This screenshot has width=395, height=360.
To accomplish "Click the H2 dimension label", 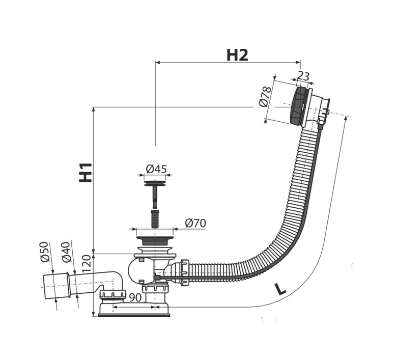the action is tap(237, 55).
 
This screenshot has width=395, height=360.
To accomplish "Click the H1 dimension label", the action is tap(86, 173).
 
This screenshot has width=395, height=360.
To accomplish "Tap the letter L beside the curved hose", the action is tap(280, 289).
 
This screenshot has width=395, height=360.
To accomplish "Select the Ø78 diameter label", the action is tap(265, 96).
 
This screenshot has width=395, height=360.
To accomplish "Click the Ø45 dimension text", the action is tap(156, 169).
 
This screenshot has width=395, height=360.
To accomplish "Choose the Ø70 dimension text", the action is tap(195, 223).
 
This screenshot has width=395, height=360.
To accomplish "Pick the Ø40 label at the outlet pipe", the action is tap(66, 252).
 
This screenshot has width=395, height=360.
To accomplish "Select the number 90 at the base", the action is tap(135, 298).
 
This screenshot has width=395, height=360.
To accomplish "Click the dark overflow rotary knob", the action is tap(299, 106).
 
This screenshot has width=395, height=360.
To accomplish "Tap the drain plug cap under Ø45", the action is tap(155, 183).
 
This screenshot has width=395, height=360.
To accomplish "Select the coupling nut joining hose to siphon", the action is tap(184, 272).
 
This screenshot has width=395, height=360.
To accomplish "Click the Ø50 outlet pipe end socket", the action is tap(57, 286).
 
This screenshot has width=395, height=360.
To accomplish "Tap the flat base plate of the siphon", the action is tap(134, 315).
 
